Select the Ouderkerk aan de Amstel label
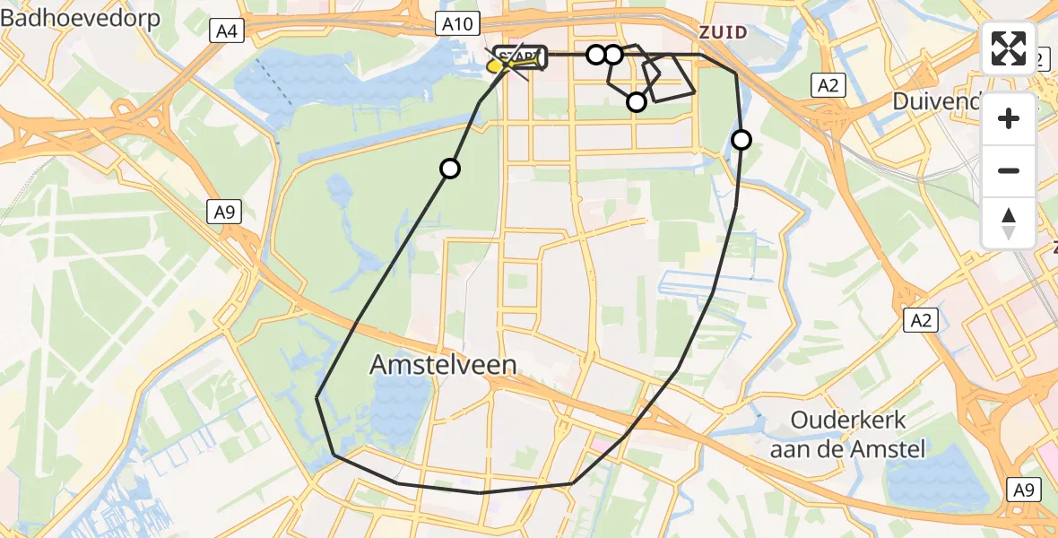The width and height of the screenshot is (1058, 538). pyautogui.click(x=847, y=434)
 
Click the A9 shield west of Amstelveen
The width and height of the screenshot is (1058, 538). pyautogui.click(x=225, y=212)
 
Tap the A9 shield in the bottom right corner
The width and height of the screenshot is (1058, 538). pyautogui.click(x=1025, y=490)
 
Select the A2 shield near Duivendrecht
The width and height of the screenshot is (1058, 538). pyautogui.click(x=827, y=86)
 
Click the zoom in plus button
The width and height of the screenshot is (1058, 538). pyautogui.click(x=1009, y=118)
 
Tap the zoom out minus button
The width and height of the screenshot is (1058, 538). pyautogui.click(x=1009, y=170)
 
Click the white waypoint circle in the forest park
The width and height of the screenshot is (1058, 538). pyautogui.click(x=450, y=169)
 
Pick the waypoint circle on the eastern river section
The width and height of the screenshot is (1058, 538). pyautogui.click(x=741, y=139)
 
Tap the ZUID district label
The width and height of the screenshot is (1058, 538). pyautogui.click(x=722, y=32)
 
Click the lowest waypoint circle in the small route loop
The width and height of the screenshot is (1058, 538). pyautogui.click(x=636, y=102)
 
